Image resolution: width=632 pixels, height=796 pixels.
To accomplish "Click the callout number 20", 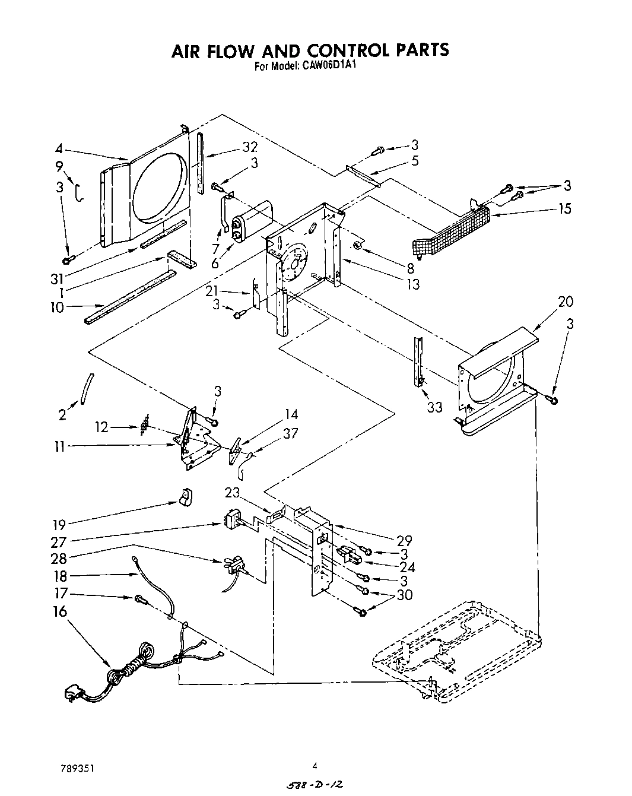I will tap(566, 302).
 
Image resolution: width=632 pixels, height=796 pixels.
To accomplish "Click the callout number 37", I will tap(290, 434).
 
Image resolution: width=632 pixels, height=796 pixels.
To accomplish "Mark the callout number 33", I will tap(434, 408).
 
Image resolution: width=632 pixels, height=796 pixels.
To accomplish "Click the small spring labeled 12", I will tap(143, 427).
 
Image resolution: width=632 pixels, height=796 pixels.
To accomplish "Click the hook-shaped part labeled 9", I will tap(79, 192).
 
